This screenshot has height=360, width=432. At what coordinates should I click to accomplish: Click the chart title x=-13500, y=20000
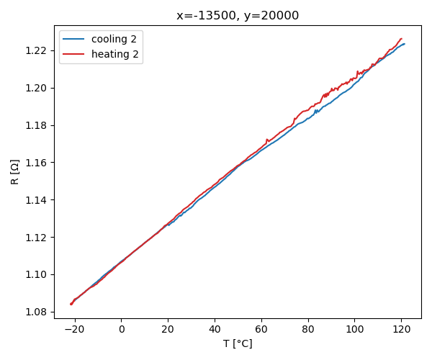238,15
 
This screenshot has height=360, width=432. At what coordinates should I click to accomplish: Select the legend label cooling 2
112,38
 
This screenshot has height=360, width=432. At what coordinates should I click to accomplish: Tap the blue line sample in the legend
73,38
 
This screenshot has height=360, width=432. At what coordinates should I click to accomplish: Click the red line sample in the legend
73,53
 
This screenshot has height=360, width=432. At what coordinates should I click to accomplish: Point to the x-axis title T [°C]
238,343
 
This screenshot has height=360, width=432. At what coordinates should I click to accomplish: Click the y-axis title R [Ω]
15,172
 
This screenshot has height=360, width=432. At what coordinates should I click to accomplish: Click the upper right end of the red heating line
401,39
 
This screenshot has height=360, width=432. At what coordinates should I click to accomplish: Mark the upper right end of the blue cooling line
405,44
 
